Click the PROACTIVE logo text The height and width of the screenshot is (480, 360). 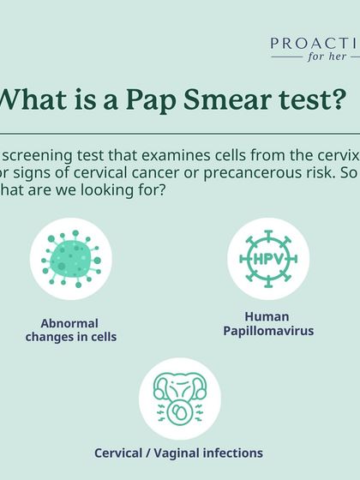click(x=315, y=43)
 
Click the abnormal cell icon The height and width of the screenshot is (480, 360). click(x=71, y=259)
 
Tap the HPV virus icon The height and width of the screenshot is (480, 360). click(x=267, y=258)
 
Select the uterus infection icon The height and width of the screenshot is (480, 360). click(x=180, y=399)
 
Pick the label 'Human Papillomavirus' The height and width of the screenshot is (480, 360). click(x=267, y=323)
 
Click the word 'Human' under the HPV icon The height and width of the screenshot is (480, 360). click(x=267, y=316)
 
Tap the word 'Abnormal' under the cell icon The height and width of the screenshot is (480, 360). click(x=69, y=323)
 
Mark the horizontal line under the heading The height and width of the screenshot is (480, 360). click(x=180, y=134)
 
